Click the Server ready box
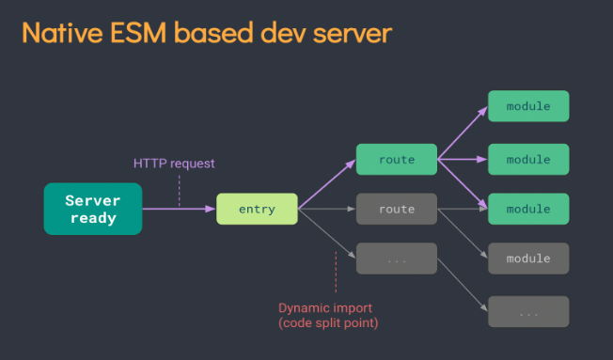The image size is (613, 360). pos(93,209)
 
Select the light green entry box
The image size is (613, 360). pos(257,209)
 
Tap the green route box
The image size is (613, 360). pos(397,159)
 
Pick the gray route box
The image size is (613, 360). pos(397,209)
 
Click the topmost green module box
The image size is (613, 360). pos(528,106)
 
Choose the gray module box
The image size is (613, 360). pos(528,258)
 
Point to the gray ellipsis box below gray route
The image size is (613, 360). pos(397,258)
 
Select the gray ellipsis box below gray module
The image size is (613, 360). pos(528,311)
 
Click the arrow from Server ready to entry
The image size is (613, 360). pos(179,209)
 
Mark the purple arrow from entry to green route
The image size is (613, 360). pos(327,184)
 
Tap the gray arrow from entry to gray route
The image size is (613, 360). pos(327,209)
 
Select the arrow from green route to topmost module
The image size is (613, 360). pos(463,133)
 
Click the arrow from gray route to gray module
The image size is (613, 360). pos(463,233)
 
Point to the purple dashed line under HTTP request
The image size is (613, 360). pos(179,191)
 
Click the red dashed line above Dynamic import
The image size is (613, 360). pos(336,272)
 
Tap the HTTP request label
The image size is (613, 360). pos(174,163)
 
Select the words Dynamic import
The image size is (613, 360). pos(325,308)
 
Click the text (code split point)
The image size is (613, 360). pos(328,323)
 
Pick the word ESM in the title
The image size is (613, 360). pos(138,33)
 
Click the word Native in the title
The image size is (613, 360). pos(63,33)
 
